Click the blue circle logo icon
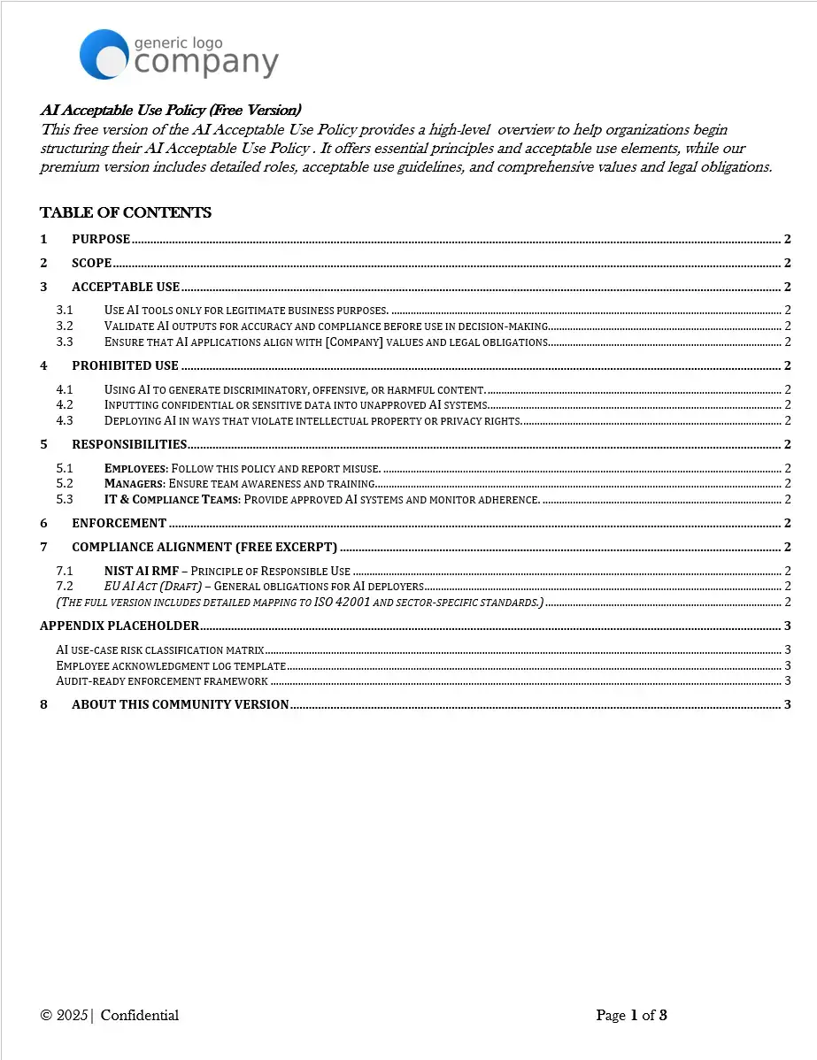tap(104, 55)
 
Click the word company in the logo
tap(207, 63)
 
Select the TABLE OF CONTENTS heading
tap(126, 212)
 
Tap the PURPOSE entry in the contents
tap(101, 239)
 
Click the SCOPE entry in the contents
tap(92, 263)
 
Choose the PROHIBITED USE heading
tap(125, 365)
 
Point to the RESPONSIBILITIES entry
tap(129, 444)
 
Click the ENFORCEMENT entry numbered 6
tap(119, 523)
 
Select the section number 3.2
tap(65, 326)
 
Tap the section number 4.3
tap(65, 420)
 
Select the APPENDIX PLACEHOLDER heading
tap(119, 626)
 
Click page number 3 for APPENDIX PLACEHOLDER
tap(787, 626)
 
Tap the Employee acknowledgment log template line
tap(171, 665)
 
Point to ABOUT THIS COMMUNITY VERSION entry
tap(181, 704)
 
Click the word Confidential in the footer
tap(140, 1015)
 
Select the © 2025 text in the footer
tap(64, 1015)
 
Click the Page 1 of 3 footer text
tap(631, 1015)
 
